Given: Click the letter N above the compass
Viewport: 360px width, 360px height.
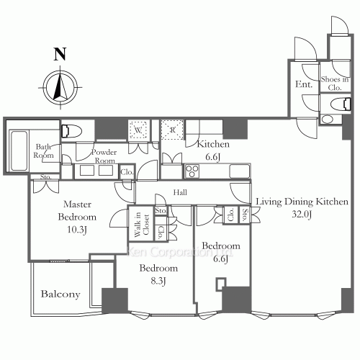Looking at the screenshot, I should coord(60,54).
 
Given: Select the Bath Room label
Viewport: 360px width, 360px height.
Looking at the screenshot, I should coord(45,151).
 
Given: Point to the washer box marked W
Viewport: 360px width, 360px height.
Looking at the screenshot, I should coord(139,130).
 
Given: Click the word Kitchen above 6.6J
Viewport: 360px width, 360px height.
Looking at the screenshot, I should coord(213,143).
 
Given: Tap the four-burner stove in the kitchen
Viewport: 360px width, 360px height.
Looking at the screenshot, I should coord(194,171).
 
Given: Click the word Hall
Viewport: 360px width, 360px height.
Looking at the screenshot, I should coord(180,193).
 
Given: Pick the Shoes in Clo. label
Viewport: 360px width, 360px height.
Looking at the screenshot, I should coord(335,83).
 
